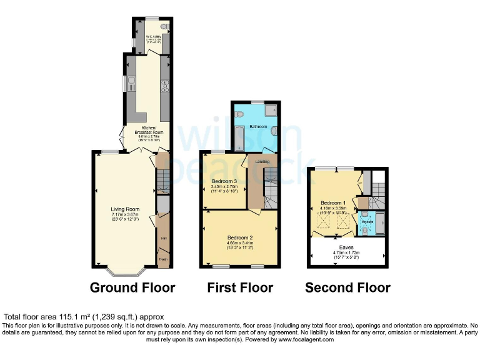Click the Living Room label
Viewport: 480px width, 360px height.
pos(125,209)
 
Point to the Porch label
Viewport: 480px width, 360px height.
pos(163,259)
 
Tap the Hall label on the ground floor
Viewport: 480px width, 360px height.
pos(163,238)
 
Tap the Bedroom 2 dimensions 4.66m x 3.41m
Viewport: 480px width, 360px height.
pos(240,244)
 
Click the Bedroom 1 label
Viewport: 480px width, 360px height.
pos(332,203)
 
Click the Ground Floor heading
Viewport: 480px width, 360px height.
pos(132,287)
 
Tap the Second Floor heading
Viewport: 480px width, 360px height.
pos(347,287)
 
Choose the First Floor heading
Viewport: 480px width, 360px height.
pos(240,287)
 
